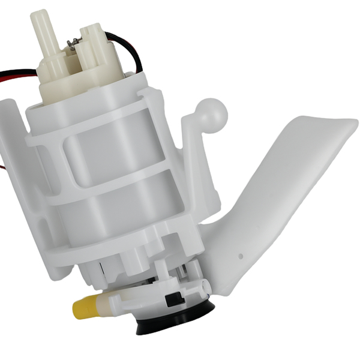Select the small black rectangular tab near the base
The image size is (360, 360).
coord(170,298)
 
